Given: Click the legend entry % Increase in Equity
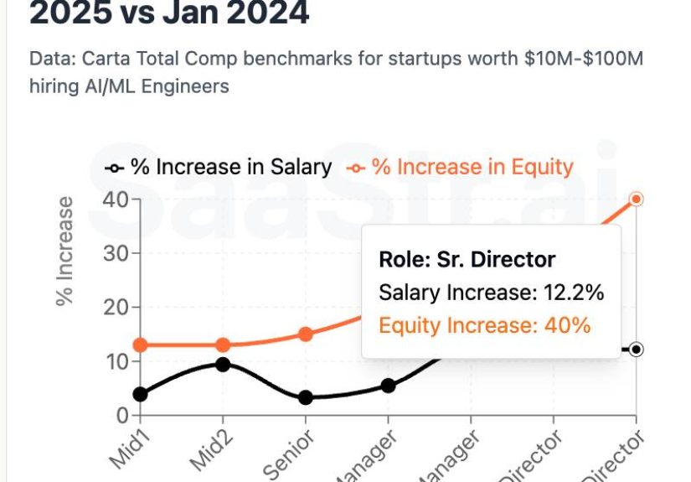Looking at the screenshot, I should (x=460, y=167).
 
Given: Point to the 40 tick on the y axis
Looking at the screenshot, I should (x=116, y=200).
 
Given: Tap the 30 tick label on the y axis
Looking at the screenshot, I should (x=116, y=253).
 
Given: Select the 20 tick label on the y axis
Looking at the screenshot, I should (x=116, y=308).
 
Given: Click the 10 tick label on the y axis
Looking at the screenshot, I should (x=116, y=362).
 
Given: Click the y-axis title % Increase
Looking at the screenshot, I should (x=65, y=251).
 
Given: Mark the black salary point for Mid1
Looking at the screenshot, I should (x=141, y=394).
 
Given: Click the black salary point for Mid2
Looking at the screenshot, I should (x=223, y=365).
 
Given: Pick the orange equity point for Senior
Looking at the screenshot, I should (x=306, y=334).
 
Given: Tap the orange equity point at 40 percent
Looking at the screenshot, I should (x=637, y=200).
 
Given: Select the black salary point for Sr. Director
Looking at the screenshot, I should (x=637, y=350).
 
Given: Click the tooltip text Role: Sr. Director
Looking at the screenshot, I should (x=467, y=260).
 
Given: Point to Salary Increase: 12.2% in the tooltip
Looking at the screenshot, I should (x=491, y=293).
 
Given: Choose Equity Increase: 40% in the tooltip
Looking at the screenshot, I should (x=485, y=325).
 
